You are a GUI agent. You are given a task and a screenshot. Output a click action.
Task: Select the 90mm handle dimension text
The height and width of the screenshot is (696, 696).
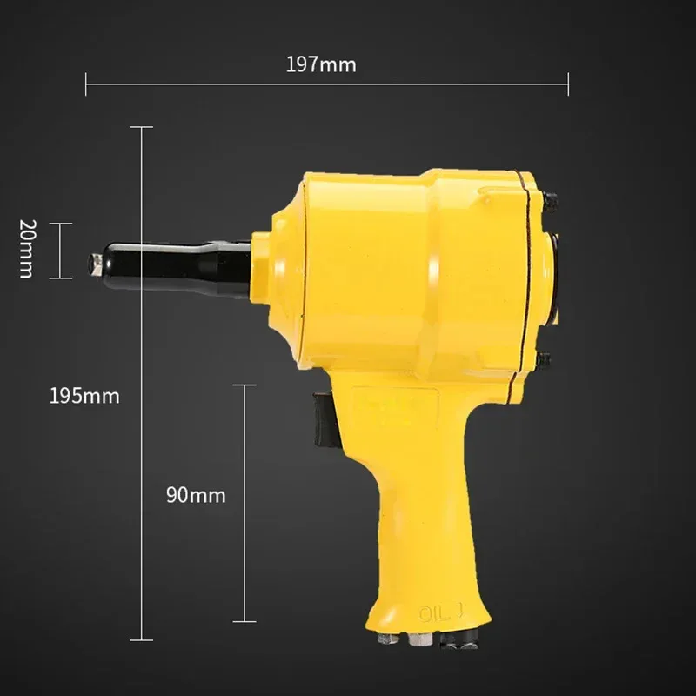pyautogui.click(x=196, y=496)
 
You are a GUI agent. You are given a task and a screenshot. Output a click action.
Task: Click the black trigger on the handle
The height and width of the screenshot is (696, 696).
pyautogui.click(x=324, y=419)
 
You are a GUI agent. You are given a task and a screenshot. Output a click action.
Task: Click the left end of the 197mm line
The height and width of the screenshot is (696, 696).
pyautogui.click(x=86, y=84)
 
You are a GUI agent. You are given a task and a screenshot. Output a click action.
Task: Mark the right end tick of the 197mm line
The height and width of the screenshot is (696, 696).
pyautogui.click(x=568, y=84)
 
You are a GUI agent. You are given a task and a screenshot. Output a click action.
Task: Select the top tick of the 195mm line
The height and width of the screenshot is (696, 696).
pyautogui.click(x=141, y=127)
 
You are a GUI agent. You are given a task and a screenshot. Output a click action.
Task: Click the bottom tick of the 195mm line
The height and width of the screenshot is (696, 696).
pyautogui.click(x=141, y=638)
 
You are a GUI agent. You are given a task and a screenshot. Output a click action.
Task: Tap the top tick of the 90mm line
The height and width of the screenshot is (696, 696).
pyautogui.click(x=244, y=384)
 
